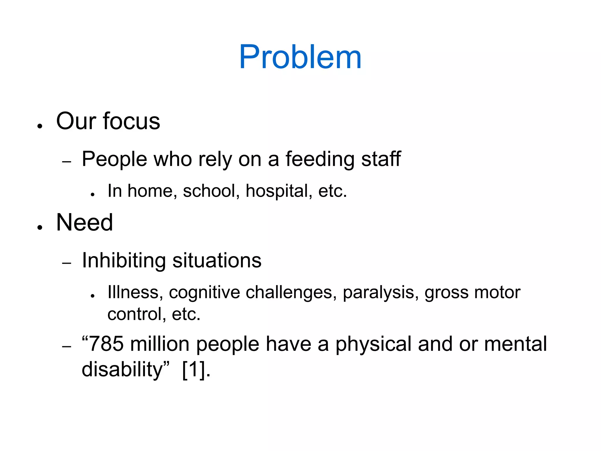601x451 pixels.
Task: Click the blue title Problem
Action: coord(300,57)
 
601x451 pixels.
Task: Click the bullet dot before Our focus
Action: coord(40,126)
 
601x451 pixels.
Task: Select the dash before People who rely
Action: coord(67,162)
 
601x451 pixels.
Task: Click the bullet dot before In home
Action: coord(93,194)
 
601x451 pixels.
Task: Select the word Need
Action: coord(85,223)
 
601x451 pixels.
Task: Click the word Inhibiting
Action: coord(124,261)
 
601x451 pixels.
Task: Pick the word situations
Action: coord(217,260)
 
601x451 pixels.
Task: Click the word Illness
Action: coord(134,292)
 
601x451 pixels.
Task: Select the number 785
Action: coord(106,344)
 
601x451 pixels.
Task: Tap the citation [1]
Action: coord(193,370)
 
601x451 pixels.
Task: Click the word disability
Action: coord(122,370)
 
